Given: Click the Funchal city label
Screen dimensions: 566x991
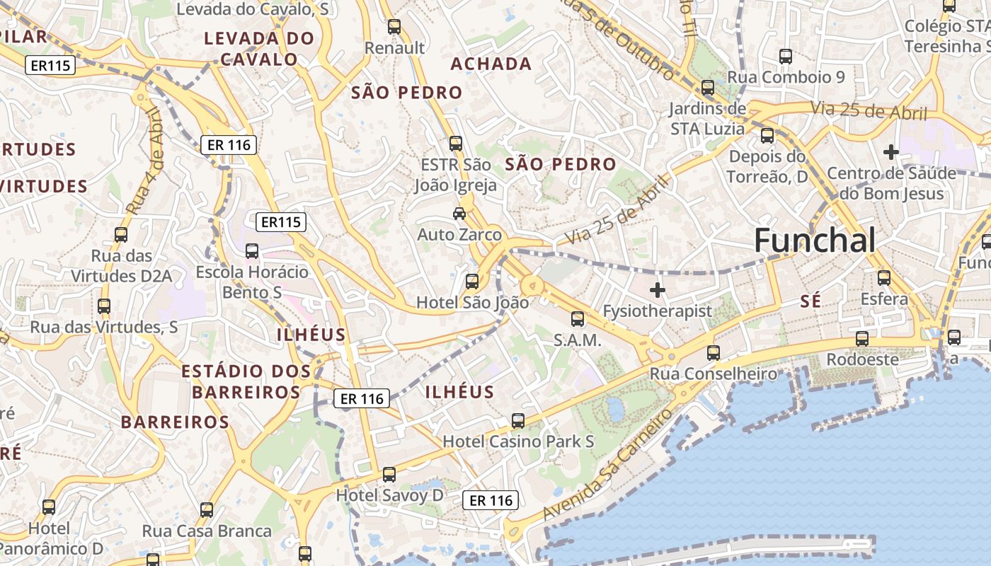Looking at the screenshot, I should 814,241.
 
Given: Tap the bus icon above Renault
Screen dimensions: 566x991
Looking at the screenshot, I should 394,28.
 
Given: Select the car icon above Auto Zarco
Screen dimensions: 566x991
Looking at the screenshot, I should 459,213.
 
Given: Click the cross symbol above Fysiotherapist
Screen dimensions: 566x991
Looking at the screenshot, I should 658,289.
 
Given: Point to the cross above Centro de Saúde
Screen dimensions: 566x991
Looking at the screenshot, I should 891,151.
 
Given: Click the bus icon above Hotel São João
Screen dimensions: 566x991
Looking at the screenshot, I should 472,282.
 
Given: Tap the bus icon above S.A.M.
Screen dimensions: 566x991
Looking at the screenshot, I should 578,319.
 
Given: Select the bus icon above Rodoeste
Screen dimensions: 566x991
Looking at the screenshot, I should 861,339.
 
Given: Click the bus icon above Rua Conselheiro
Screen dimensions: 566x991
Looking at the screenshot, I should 714,352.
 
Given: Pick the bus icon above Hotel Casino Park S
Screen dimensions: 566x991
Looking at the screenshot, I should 518,421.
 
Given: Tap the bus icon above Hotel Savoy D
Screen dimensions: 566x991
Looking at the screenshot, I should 389,475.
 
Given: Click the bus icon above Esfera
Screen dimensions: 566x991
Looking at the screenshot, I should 884,278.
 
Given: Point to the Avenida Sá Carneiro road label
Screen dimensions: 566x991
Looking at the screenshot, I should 609,463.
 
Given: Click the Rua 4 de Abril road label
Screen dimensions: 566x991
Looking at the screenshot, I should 145,161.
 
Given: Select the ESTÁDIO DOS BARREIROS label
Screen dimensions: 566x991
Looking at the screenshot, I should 246,381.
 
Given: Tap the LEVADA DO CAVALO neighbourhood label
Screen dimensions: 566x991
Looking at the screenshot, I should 259,48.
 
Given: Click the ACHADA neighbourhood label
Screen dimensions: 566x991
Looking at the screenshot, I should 491,64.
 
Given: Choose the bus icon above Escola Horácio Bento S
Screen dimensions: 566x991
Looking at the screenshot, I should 252,251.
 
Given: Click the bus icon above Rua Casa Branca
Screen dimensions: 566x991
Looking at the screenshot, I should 207,510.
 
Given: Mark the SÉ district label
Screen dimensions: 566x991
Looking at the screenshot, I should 810,301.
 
